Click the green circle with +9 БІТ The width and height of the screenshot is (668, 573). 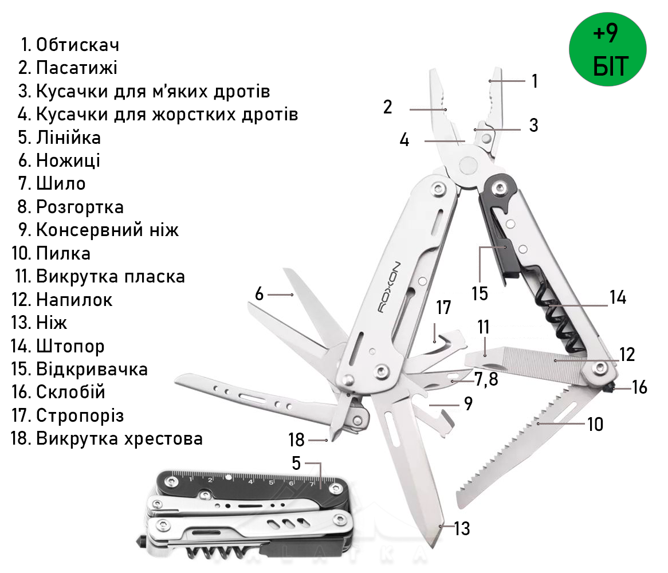click(x=607, y=49)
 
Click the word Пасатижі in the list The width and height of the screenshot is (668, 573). click(x=77, y=68)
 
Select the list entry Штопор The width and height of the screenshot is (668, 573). click(x=70, y=346)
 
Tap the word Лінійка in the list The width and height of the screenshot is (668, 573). click(x=69, y=138)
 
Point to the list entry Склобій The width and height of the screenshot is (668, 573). click(x=70, y=392)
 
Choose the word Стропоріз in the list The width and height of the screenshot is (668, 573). click(x=80, y=415)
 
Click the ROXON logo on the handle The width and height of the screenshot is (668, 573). click(x=390, y=287)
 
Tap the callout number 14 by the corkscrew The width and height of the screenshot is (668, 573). click(x=618, y=297)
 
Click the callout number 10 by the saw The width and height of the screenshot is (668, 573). click(x=595, y=424)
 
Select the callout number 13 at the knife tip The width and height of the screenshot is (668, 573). click(x=462, y=528)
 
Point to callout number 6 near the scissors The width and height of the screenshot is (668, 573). click(x=259, y=293)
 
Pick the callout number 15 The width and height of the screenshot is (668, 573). click(x=480, y=293)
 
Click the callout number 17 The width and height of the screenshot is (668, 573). click(x=443, y=307)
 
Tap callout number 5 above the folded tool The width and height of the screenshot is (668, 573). click(x=297, y=463)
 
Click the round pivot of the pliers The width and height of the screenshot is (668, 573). click(x=467, y=165)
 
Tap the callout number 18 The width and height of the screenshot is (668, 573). click(x=297, y=439)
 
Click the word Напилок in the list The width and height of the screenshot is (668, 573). click(x=74, y=300)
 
